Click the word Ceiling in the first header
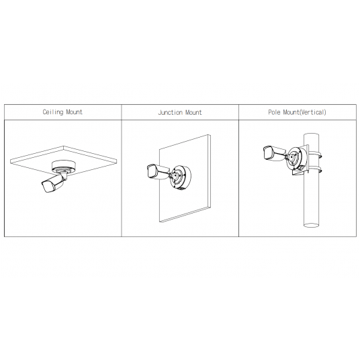pos(53,112)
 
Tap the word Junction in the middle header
pos(169,112)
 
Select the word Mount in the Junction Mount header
pos(193,112)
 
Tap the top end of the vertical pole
pos(310,135)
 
